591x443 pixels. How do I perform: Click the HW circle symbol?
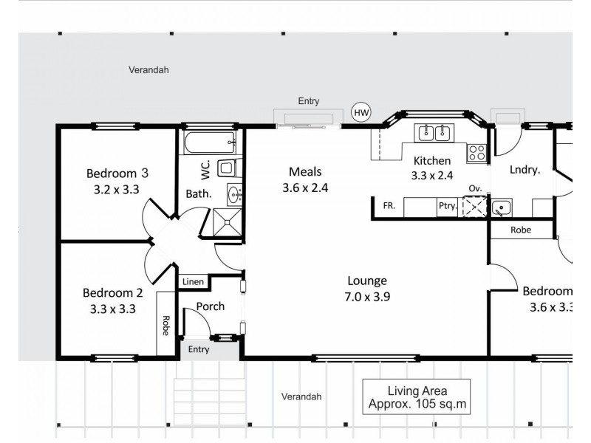361,112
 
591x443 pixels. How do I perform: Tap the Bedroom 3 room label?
117,174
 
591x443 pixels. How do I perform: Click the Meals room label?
304,172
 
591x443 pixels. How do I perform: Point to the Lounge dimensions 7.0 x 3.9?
367,297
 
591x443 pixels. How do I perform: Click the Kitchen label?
432,160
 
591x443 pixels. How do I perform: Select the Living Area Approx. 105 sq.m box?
417,397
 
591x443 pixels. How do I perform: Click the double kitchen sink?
434,133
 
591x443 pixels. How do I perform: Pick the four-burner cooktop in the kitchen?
476,153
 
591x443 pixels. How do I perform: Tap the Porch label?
210,306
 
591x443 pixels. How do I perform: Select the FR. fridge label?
389,207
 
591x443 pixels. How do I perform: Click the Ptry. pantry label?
447,207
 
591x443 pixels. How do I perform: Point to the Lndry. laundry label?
525,170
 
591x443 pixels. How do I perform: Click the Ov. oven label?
474,189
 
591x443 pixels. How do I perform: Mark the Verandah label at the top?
148,70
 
